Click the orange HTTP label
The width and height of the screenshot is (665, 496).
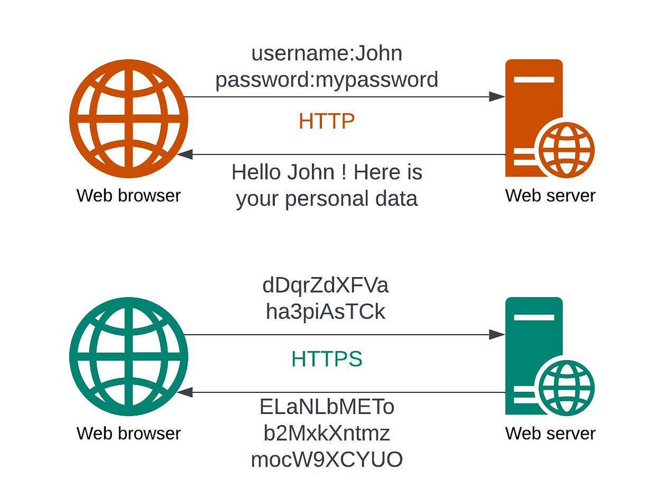pos(326,121)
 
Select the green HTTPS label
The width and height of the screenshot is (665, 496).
pos(326,359)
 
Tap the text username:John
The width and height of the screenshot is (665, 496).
pos(326,53)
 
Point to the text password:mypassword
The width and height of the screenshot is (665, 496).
pos(326,80)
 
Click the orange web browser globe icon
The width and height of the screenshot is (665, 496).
pos(129,119)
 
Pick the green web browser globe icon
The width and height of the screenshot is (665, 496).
pos(129,356)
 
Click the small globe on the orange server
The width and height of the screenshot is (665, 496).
pos(566,150)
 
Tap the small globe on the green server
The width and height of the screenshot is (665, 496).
pos(566,388)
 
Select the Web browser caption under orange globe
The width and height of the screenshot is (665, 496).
pos(129,196)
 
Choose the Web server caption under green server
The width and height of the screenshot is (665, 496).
pos(550,433)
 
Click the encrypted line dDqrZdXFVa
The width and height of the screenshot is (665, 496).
pos(325,285)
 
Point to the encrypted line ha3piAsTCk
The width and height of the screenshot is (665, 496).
pos(325,311)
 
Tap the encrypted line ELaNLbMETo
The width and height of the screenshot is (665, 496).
pos(326,407)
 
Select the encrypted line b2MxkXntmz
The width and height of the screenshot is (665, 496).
pos(326,433)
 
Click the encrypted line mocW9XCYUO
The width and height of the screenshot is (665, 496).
pos(326,459)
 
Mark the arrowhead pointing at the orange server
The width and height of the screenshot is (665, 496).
pos(497,96)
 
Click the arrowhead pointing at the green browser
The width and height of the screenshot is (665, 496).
pos(185,392)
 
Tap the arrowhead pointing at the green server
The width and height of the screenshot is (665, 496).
pos(497,335)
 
